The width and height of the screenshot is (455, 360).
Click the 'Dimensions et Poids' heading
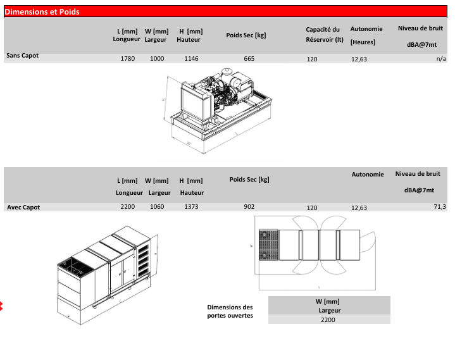(42, 11)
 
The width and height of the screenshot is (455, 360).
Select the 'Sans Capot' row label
(22, 56)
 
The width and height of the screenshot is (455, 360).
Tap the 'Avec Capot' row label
(23, 207)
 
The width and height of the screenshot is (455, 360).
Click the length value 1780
(128, 59)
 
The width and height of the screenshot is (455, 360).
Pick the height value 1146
(191, 59)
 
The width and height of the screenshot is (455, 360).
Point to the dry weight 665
(249, 59)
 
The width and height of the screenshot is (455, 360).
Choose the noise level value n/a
(441, 59)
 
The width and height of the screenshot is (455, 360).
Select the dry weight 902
(249, 207)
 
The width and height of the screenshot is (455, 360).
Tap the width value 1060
(157, 207)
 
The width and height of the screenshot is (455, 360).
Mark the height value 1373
(191, 207)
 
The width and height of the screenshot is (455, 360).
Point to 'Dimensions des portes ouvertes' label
(230, 311)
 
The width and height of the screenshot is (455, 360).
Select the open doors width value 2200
(328, 320)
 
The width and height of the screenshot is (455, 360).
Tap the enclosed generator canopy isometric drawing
(104, 272)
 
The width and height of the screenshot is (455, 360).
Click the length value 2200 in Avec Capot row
(128, 207)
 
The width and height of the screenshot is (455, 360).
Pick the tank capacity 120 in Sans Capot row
(312, 59)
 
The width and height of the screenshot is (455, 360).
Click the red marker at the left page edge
(2, 307)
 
